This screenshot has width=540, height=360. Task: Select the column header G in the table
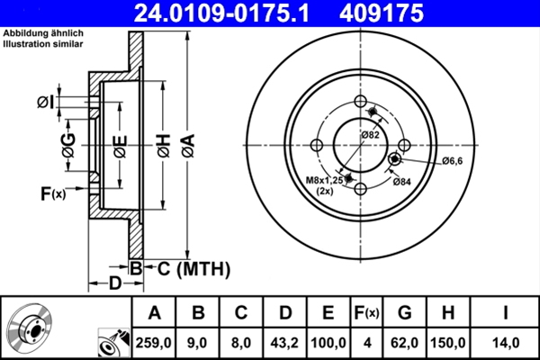coord(403,313)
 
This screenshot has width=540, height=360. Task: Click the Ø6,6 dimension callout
coord(452,161)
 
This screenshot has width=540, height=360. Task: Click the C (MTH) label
coord(188,268)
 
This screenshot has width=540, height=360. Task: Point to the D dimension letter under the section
coord(115,283)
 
